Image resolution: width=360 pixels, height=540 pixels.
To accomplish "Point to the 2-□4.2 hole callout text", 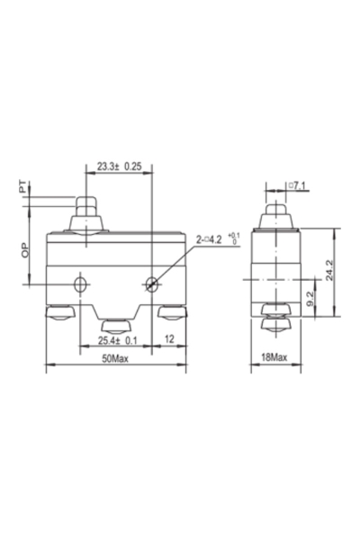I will (x=213, y=240).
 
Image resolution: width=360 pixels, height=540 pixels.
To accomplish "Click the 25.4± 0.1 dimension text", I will (x=118, y=340).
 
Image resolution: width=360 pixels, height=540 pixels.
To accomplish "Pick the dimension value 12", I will (x=169, y=340).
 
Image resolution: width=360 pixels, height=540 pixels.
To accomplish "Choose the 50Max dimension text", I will (x=115, y=358).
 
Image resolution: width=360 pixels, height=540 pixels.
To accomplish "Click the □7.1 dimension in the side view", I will (x=300, y=186).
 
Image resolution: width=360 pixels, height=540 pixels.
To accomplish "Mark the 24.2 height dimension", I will (x=329, y=269).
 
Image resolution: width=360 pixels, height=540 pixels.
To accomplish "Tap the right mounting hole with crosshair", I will (x=151, y=285).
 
